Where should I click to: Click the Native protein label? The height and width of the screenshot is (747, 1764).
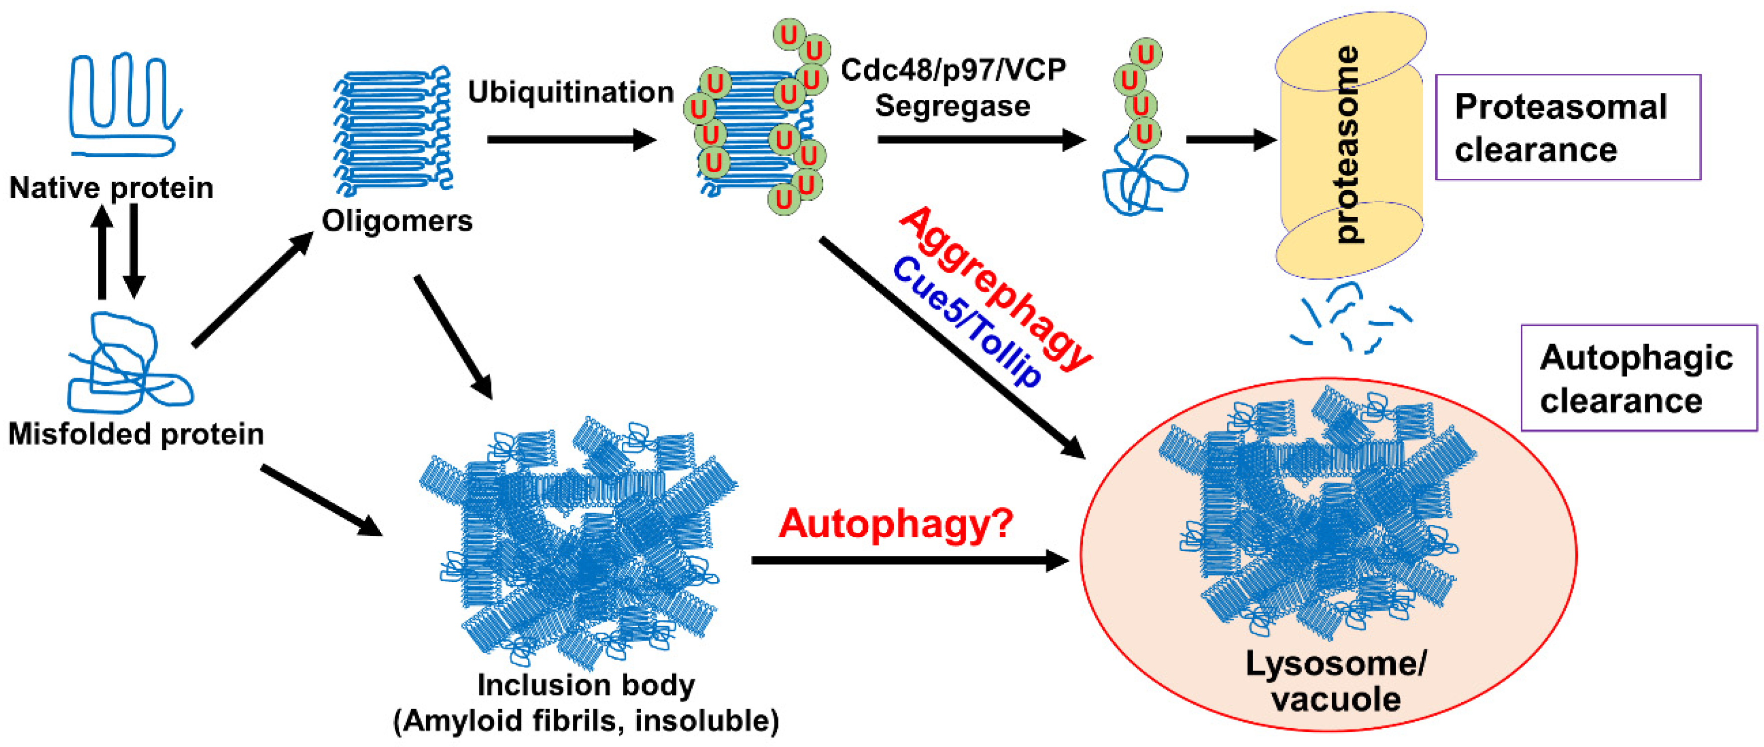click(x=111, y=188)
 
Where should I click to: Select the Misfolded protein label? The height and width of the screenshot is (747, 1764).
click(x=136, y=434)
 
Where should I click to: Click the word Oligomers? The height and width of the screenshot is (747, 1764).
click(x=397, y=221)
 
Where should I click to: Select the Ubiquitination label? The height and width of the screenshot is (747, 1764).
click(x=570, y=92)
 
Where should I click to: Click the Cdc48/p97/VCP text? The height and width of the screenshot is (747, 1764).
click(x=953, y=70)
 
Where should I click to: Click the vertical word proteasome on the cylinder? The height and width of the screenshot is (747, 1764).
click(x=1348, y=144)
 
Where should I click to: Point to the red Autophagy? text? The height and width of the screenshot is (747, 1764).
click(x=895, y=524)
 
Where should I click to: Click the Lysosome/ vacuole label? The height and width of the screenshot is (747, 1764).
click(x=1335, y=682)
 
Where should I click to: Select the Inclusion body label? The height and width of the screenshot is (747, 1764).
click(x=586, y=685)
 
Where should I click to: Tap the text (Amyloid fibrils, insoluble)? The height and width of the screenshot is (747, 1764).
click(x=586, y=721)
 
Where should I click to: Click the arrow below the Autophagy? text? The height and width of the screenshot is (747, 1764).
click(x=909, y=561)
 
